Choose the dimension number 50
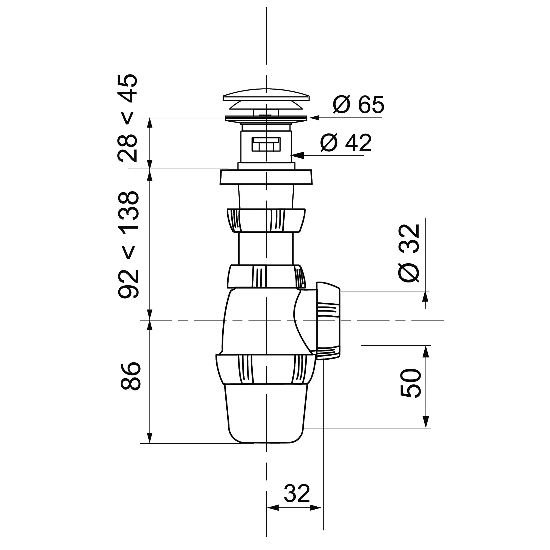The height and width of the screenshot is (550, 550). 411,383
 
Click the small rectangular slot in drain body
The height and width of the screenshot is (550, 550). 266,144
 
